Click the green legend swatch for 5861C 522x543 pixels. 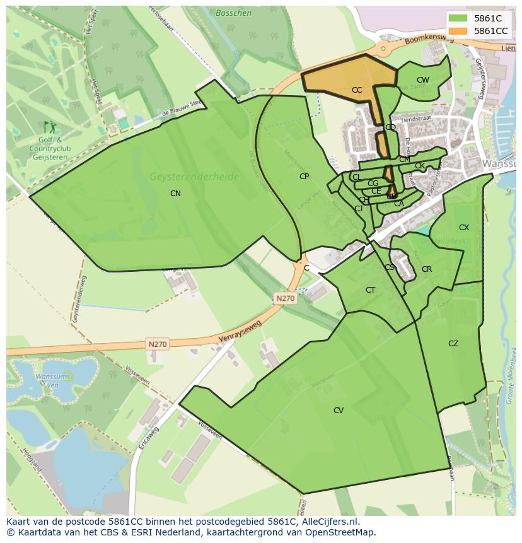click(458, 18)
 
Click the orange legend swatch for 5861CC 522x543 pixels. click(458, 31)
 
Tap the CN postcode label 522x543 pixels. click(175, 194)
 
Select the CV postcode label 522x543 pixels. click(339, 411)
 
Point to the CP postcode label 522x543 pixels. click(304, 177)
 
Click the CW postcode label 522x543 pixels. click(422, 80)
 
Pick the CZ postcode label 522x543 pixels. click(453, 344)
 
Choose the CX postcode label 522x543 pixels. click(464, 228)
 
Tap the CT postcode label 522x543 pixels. click(370, 290)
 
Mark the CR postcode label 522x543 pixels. click(427, 269)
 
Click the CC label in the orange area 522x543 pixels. click(357, 90)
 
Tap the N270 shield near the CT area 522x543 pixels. click(285, 298)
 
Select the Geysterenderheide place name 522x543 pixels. click(194, 177)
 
